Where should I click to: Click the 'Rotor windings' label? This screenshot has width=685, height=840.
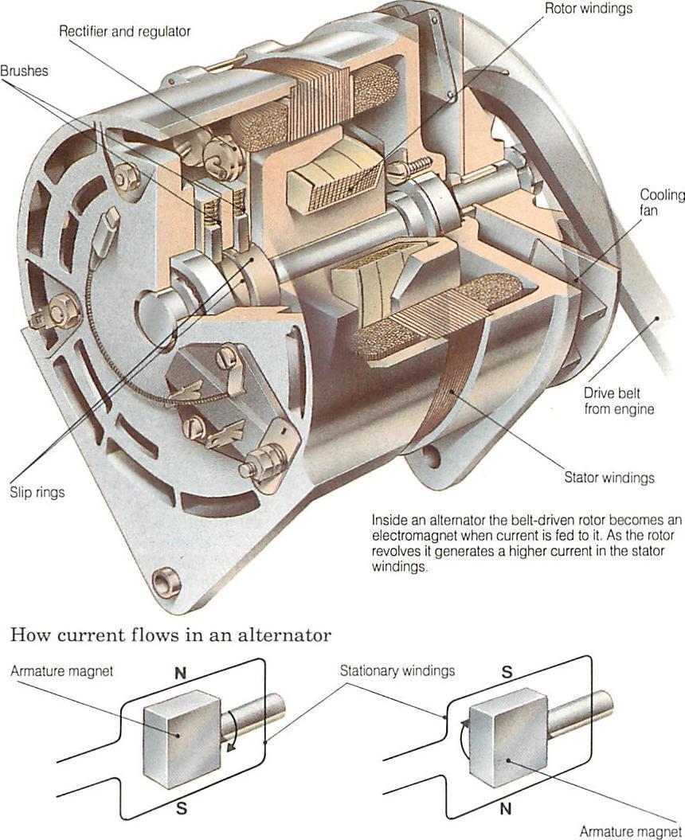[x=588, y=9]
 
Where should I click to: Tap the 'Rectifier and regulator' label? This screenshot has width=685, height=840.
[x=125, y=32]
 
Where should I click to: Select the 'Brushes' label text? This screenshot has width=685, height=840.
[x=24, y=71]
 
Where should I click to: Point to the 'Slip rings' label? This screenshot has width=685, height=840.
[x=37, y=492]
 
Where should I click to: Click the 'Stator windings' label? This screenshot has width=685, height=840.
[x=609, y=478]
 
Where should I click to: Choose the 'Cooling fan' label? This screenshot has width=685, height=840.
[x=662, y=203]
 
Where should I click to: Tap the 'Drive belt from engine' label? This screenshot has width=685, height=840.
[x=619, y=400]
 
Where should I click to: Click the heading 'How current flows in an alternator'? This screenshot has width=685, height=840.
[x=170, y=635]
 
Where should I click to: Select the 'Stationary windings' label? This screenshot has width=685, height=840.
[x=397, y=670]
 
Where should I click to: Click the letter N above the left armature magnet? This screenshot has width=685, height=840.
[x=180, y=672]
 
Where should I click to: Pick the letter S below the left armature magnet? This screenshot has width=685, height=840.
[x=182, y=810]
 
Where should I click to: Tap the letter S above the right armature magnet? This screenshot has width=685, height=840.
[x=506, y=670]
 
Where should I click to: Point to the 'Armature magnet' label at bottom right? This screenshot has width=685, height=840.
[x=630, y=831]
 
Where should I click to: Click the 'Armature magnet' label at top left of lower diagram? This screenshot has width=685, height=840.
[x=61, y=671]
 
